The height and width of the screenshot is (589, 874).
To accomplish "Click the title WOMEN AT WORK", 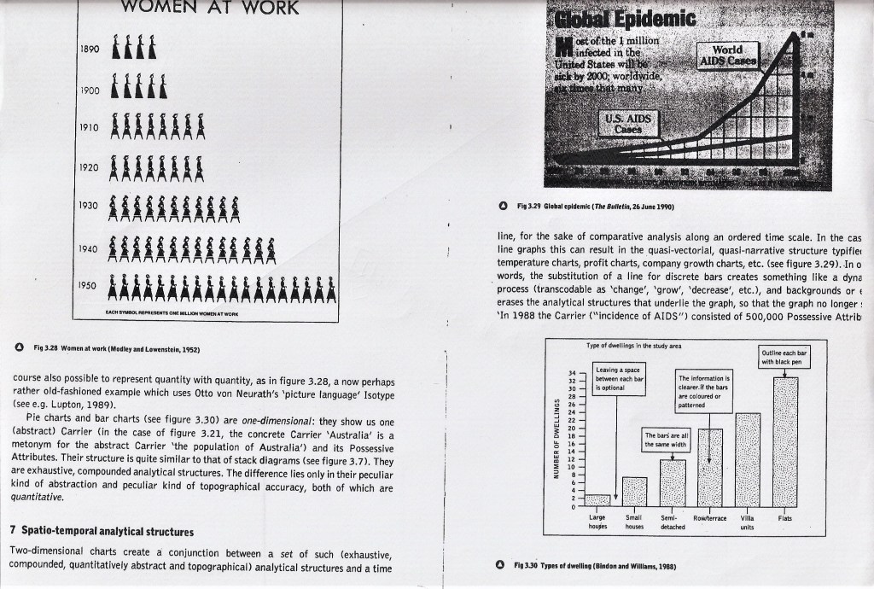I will pyautogui.click(x=209, y=9).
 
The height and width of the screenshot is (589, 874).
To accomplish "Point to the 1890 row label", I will pyautogui.click(x=90, y=49).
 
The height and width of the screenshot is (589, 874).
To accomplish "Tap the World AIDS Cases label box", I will pyautogui.click(x=726, y=55).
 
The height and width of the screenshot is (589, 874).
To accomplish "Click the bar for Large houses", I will pyautogui.click(x=598, y=499).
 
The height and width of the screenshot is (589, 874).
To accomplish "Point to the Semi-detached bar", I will pyautogui.click(x=673, y=482).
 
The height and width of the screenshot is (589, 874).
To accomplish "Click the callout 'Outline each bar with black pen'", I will pyautogui.click(x=784, y=357).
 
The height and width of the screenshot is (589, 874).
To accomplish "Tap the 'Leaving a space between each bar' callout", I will pyautogui.click(x=621, y=377).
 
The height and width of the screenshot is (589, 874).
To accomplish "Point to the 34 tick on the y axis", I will pyautogui.click(x=571, y=373).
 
